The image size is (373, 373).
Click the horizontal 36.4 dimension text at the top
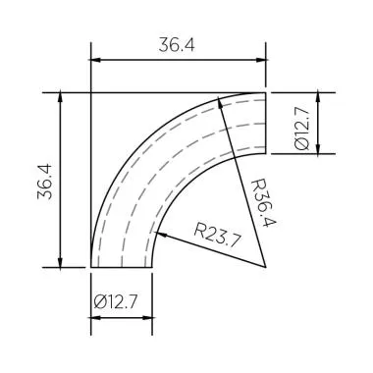177,44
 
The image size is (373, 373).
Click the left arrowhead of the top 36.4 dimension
96,61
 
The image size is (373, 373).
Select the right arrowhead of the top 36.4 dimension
261,61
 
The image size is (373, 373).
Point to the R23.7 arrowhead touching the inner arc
161,233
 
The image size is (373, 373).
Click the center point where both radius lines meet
267,266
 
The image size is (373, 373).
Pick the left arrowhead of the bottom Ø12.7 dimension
96,318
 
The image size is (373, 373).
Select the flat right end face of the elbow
267,124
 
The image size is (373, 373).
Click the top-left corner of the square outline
90,93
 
